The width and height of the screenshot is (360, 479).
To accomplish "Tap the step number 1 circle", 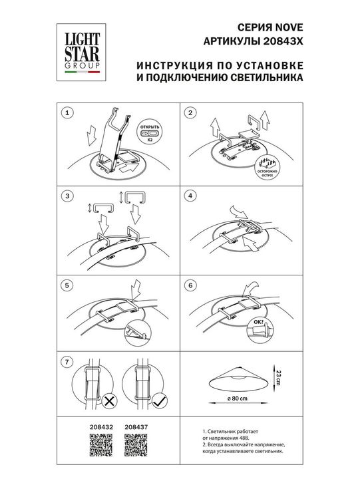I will pyautogui.click(x=66, y=113).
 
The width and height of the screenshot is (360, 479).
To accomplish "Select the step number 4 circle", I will pyautogui.click(x=191, y=196).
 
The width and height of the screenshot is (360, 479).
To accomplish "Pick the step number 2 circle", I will pyautogui.click(x=191, y=113).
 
